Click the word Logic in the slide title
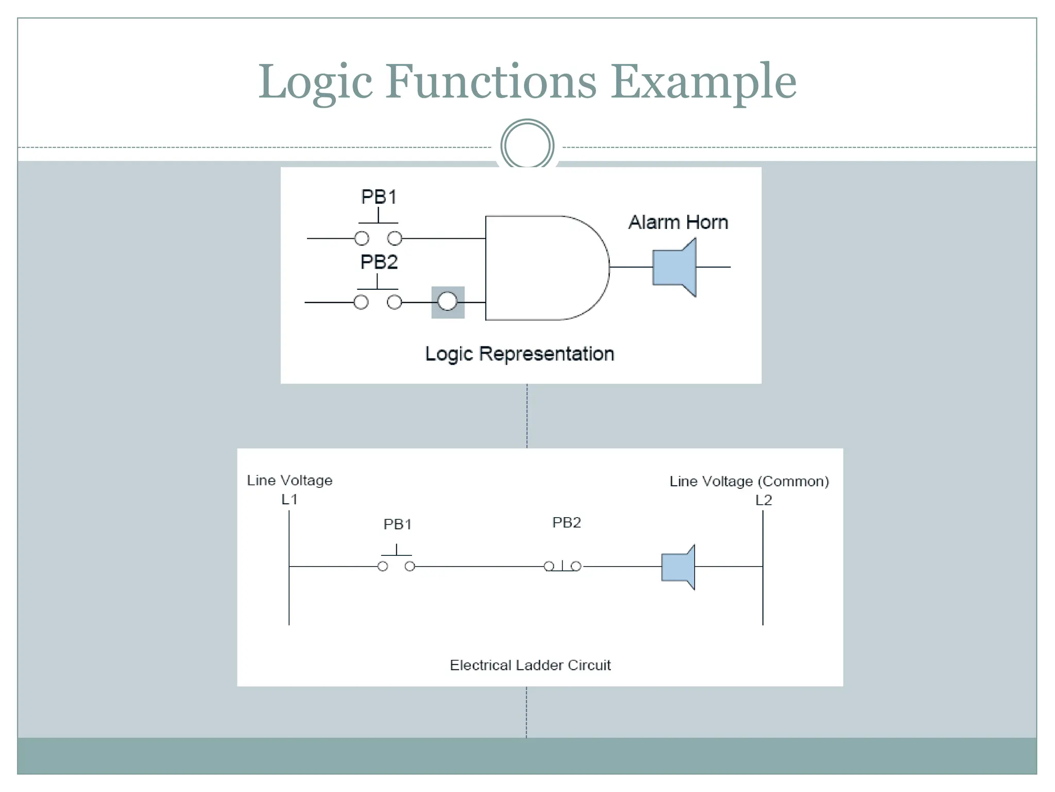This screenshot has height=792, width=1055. pos(315,82)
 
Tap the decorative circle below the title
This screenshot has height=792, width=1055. pos(527,145)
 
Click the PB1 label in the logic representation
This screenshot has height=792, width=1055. pos(379,197)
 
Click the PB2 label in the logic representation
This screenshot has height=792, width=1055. pos(379,262)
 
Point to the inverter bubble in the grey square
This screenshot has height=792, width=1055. pos(447,302)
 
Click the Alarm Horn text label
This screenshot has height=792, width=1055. pos(678,222)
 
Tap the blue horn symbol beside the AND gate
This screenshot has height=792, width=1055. pos(674,267)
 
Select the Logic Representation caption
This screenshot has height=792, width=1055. pos(519,354)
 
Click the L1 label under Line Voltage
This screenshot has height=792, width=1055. pos(289,499)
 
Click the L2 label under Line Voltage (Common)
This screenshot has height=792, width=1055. pos(763,500)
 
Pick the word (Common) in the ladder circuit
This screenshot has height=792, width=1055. pos(793,482)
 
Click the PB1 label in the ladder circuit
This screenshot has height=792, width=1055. pos(397,524)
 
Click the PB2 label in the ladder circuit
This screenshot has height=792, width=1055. pos(566,523)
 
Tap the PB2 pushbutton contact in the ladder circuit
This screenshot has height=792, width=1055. pos(563,566)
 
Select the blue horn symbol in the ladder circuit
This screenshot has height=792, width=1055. pos(677,567)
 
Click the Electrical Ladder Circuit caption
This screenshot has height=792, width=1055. pos(530,665)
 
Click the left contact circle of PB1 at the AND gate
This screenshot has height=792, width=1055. pos(362,238)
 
